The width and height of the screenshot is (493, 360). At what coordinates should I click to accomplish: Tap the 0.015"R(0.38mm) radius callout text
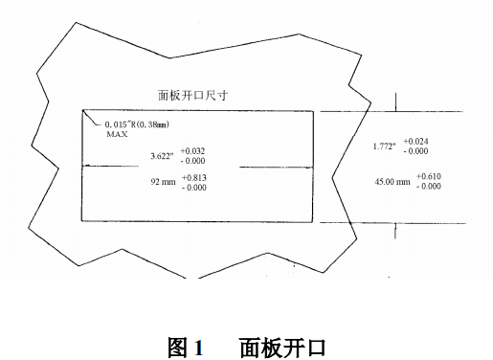[x=143, y=125]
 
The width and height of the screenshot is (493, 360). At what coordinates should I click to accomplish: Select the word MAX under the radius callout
[x=116, y=135]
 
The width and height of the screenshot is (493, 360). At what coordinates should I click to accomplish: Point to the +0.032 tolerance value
[x=192, y=149]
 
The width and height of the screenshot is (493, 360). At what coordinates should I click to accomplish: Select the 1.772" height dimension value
[x=385, y=146]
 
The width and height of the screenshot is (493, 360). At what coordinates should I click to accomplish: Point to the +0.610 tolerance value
[x=429, y=177]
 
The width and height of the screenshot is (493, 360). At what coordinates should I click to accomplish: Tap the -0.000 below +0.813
[x=194, y=188]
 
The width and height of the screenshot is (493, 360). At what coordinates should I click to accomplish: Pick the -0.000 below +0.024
[x=416, y=151]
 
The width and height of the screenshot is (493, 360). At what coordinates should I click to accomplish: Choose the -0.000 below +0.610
[x=429, y=187]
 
